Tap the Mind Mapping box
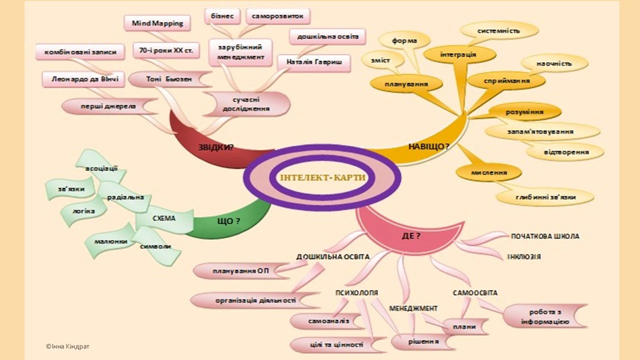tap(157, 23)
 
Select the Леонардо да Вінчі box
tap(83, 79)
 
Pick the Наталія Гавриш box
tap(314, 62)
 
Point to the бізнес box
tap(222, 16)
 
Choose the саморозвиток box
tap(278, 16)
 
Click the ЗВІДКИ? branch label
tap(216, 147)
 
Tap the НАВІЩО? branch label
tap(428, 146)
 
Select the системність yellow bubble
tap(498, 30)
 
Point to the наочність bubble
tap(554, 63)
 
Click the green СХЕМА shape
tap(164, 218)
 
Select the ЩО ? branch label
tap(228, 221)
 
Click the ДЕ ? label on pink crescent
tap(411, 236)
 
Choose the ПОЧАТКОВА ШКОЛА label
tap(545, 236)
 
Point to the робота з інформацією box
tap(544, 316)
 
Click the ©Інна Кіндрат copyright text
tap(67, 346)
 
